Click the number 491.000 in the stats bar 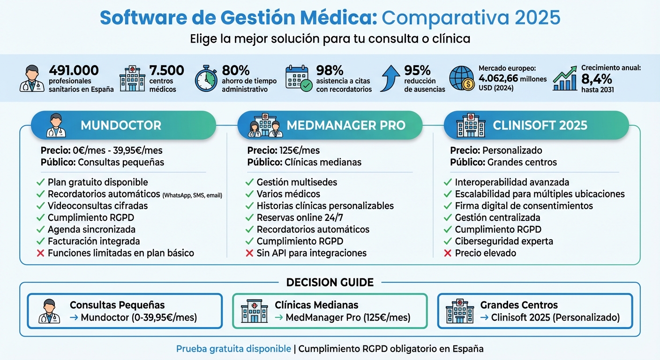coord(74,70)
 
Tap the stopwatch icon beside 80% coord(206,78)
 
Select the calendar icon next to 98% coord(299,78)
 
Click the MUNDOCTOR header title coord(121,126)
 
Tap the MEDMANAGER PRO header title coord(346,126)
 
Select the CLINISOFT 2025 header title coord(540,126)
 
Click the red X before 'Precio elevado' coord(448,253)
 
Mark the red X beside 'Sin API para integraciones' coord(249,253)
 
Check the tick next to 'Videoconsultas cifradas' coord(40,206)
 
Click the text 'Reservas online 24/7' coord(303,217)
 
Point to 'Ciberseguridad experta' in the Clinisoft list coord(504,241)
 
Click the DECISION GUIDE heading coord(330,282)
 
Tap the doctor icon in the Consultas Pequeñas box coord(49,311)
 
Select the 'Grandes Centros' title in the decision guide coord(519,305)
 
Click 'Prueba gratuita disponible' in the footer coord(233,349)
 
